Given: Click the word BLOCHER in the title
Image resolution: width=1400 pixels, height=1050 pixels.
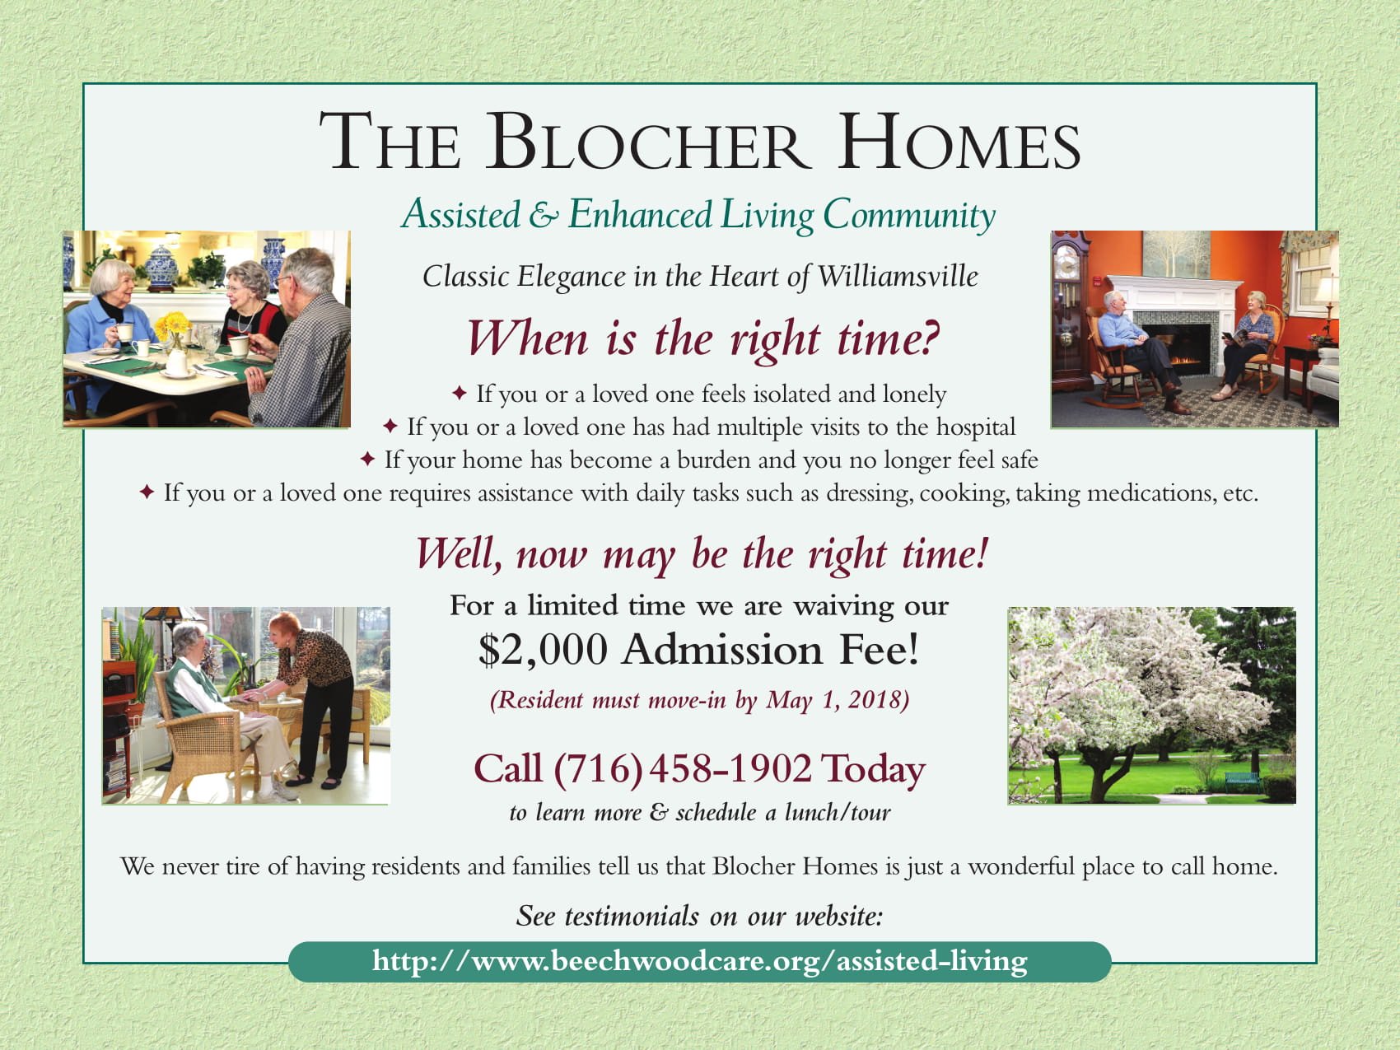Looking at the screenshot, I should point(646,143).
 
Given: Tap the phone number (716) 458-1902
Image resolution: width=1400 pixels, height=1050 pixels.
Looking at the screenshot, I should point(683,768).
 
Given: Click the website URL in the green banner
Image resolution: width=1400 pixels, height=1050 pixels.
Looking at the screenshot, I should point(699,961).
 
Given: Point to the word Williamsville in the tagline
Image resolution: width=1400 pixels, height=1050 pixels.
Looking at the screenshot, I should point(898,276).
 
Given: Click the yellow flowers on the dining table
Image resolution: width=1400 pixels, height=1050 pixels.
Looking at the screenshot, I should point(175,324).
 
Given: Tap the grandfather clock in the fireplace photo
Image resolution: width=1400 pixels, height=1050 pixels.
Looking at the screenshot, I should point(1071,313).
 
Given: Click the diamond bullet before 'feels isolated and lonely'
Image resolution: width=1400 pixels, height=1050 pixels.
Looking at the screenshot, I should point(460,394).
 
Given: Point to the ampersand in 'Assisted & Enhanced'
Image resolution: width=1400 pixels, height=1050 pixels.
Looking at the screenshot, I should point(543,216).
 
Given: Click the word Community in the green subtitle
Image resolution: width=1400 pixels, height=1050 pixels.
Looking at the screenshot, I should point(909,216).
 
